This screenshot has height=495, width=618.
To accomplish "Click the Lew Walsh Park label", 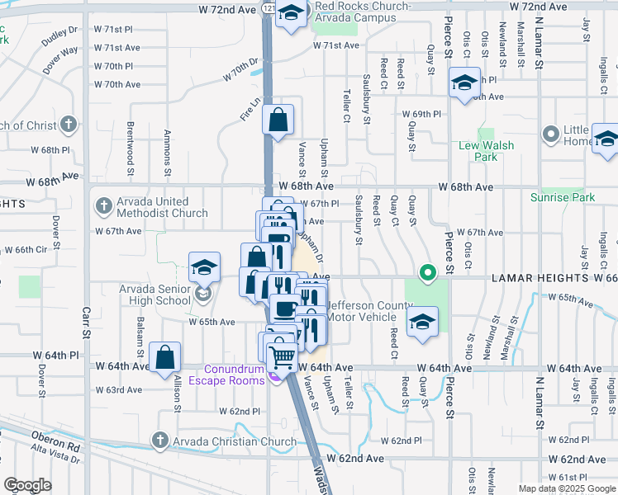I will (486, 151).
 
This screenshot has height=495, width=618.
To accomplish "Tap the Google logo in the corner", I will (27, 485).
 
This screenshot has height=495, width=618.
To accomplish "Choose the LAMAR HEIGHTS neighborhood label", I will (540, 279).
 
